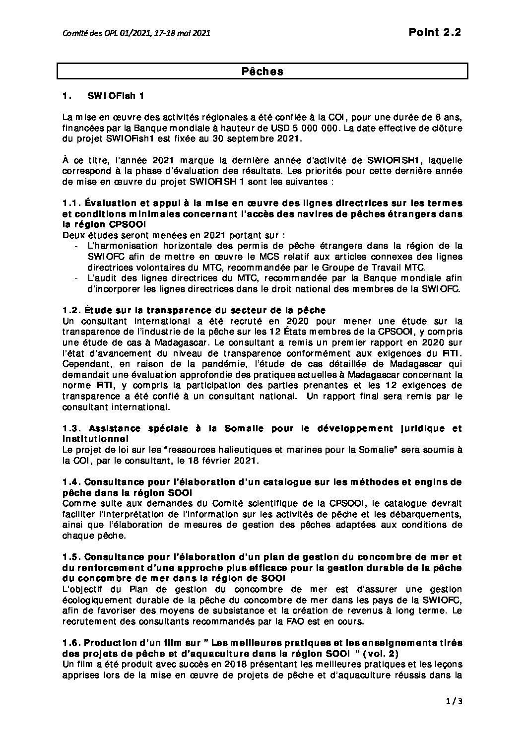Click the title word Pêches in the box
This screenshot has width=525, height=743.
click(x=262, y=71)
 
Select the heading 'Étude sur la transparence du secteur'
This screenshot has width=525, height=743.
click(x=164, y=310)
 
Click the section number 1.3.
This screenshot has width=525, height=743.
click(x=71, y=428)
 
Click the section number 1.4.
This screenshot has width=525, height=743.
click(x=71, y=482)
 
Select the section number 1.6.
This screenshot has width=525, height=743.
click(x=71, y=643)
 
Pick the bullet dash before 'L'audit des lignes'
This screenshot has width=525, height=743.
click(x=74, y=278)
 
